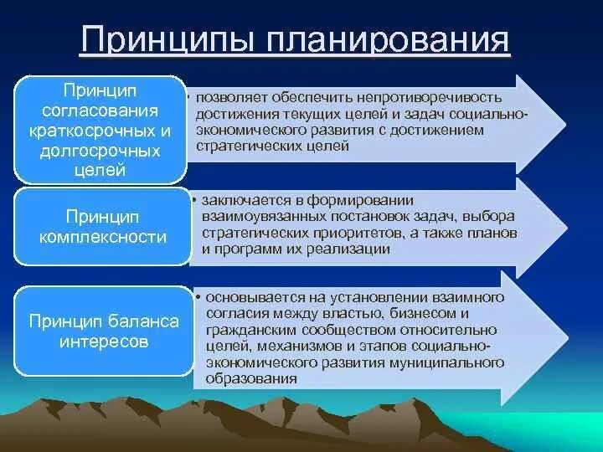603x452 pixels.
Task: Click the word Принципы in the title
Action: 167,39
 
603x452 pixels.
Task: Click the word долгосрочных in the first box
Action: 100,151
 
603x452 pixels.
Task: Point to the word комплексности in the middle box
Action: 103,236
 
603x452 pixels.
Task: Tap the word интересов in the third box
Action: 104,342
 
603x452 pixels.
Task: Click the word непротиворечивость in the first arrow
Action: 430,98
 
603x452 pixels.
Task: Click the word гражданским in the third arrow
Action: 251,330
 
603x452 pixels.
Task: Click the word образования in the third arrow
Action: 251,379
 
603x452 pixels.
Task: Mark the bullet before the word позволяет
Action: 188,97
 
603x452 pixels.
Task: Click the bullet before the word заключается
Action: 194,200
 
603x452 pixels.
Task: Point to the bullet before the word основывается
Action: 198,296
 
